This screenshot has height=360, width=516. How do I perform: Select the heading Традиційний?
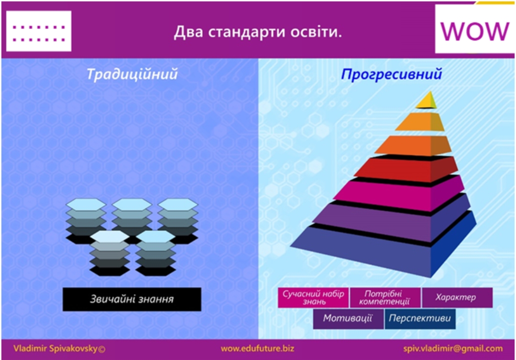tap(132, 74)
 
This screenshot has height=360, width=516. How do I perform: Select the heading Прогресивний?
tap(391, 74)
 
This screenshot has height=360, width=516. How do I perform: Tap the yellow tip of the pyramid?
tap(427, 100)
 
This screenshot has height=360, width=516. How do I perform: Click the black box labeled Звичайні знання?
tap(132, 299)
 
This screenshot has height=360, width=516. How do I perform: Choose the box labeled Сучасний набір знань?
tap(313, 297)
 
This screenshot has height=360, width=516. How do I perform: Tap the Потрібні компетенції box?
tap(384, 297)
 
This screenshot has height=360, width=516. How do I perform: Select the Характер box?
tap(457, 297)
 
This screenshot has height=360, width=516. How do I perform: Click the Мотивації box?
tap(348, 318)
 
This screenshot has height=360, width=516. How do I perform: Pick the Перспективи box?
tap(420, 318)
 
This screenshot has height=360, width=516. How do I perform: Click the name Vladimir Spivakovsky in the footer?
tap(55, 348)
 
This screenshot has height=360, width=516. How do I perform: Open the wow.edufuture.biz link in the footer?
tap(257, 348)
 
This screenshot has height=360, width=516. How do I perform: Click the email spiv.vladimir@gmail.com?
tap(453, 349)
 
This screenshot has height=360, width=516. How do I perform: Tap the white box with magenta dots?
tap(39, 31)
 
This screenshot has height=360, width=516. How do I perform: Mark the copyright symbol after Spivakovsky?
tap(101, 349)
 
